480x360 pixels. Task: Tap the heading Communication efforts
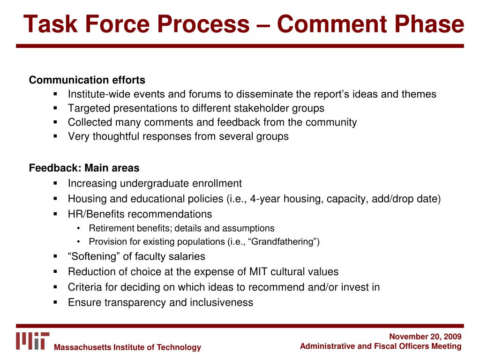(87, 80)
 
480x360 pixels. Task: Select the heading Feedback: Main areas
(84, 167)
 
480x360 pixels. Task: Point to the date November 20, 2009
(425, 337)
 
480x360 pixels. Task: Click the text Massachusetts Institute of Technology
(127, 347)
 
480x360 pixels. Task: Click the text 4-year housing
(285, 199)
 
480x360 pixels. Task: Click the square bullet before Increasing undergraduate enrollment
(55, 183)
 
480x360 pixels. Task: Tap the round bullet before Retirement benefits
(79, 229)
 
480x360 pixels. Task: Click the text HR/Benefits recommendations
(140, 214)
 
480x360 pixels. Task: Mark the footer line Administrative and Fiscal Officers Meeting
(381, 346)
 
